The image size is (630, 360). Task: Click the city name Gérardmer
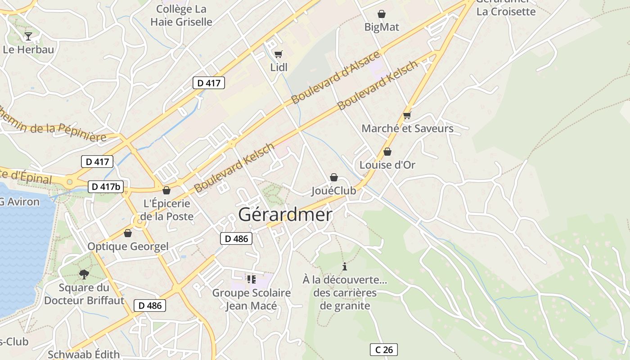click(285, 215)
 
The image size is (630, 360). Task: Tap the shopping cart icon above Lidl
click(279, 54)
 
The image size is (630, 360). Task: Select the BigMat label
click(382, 27)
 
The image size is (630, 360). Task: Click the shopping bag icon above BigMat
click(382, 14)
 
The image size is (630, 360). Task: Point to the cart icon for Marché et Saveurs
click(407, 116)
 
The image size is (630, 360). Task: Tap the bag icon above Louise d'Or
click(387, 152)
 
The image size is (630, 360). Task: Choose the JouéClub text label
click(333, 191)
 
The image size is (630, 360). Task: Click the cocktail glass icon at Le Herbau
click(28, 36)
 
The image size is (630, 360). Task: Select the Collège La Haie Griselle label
click(181, 15)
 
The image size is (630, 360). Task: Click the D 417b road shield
click(106, 187)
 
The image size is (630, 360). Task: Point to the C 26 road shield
click(384, 350)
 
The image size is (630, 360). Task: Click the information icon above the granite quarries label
click(345, 266)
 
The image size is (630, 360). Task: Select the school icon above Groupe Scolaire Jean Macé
click(252, 279)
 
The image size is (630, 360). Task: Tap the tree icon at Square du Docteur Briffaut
click(84, 274)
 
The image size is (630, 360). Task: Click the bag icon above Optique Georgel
click(128, 233)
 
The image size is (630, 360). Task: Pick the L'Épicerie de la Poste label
click(166, 210)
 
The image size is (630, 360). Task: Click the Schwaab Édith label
click(84, 354)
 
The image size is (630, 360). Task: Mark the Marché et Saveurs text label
click(407, 129)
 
